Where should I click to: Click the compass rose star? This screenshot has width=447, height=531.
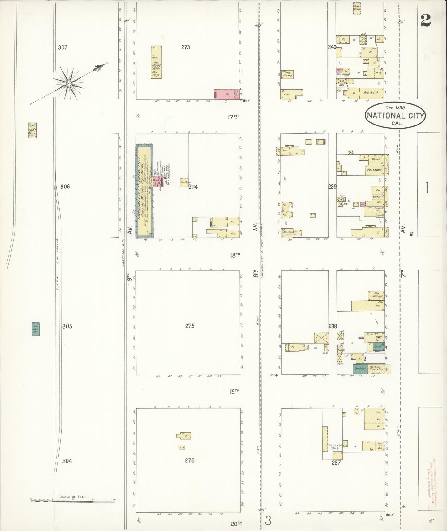click(68, 83)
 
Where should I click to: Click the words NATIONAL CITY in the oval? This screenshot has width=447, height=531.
click(395, 116)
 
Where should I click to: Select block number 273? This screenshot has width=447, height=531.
click(186, 47)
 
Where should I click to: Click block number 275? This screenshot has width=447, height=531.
click(190, 326)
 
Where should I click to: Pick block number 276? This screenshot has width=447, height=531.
click(190, 460)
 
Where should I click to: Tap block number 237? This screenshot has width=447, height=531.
click(336, 463)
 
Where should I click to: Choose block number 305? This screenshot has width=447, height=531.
click(67, 326)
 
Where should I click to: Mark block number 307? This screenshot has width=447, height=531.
click(62, 48)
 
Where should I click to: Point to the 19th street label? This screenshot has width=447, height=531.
click(235, 392)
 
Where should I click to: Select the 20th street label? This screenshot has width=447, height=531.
click(236, 524)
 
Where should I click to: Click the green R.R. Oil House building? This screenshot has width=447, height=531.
click(36, 329)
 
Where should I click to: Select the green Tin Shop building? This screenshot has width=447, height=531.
click(359, 369)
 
